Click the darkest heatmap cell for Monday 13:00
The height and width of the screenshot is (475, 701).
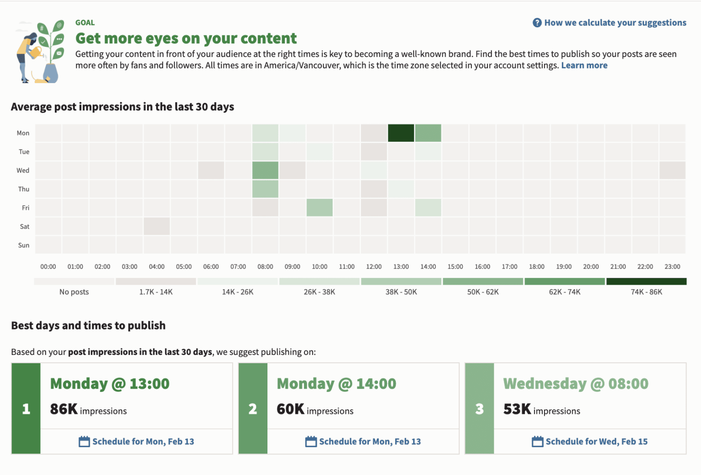coord(401,133)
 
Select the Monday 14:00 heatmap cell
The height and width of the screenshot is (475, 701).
coord(428,133)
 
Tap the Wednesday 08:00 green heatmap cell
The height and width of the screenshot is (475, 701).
coord(265,170)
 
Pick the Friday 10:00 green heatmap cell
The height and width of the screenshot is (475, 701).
coord(319,208)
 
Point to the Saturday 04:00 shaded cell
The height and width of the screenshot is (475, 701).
coord(157,226)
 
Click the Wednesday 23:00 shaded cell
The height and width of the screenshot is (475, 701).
coord(672,170)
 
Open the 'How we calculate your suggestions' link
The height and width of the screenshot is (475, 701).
coord(615,23)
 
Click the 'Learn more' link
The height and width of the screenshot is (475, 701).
coord(584,65)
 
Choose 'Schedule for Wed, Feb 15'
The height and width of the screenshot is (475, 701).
coord(596,441)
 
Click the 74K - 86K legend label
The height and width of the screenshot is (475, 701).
coord(646,292)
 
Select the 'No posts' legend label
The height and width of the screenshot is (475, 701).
coord(74,292)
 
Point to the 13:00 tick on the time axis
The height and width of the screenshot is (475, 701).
coord(401,266)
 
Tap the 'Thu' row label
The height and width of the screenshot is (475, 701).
coord(24,189)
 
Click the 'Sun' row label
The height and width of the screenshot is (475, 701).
coord(24,245)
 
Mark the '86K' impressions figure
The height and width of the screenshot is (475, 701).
coord(64,409)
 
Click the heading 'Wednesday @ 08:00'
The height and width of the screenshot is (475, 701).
coord(575,384)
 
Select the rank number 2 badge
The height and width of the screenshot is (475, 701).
coord(253,409)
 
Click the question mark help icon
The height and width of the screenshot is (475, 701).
coord(537,23)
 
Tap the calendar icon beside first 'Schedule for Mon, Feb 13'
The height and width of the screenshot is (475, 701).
coord(84,441)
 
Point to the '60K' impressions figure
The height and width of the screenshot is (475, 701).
coord(290,409)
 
